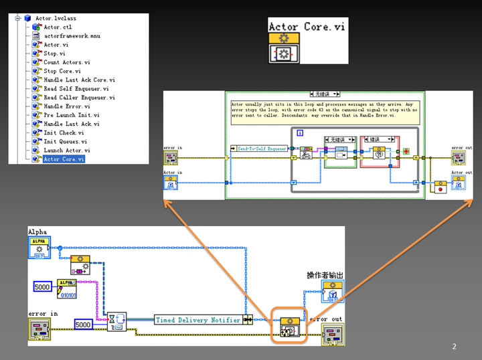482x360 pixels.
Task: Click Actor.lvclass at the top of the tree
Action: pos(53,18)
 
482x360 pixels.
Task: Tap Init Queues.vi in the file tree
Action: pos(65,141)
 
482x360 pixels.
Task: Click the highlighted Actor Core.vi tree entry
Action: pos(64,159)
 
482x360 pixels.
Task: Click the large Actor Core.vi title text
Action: pos(308,27)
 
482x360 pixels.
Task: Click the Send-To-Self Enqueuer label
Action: pos(262,148)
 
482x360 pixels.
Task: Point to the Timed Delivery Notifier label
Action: pos(197,320)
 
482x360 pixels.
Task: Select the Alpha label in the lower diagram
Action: pos(37,232)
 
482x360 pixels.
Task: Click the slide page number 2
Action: pos(454,346)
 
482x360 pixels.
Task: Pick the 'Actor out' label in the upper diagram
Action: pos(461,172)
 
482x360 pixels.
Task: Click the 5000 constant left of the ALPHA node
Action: pos(44,286)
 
